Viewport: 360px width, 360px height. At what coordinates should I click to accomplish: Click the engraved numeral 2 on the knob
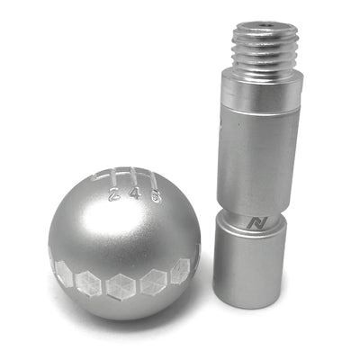113,193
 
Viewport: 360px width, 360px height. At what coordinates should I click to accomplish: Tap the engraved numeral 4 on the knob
135,193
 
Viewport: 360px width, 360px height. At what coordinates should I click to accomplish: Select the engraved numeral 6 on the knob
156,195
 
